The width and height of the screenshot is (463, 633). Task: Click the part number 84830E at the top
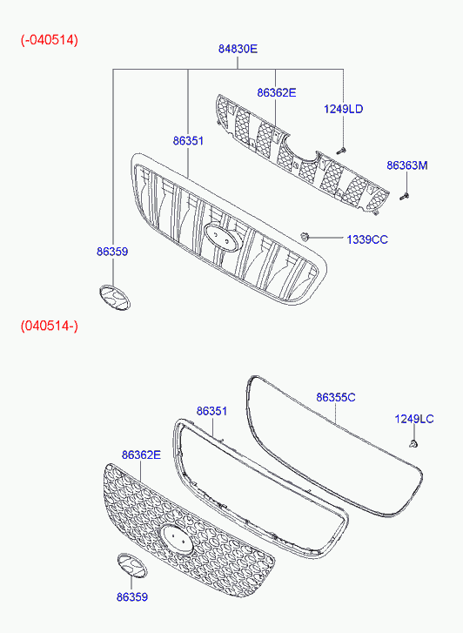tap(238, 49)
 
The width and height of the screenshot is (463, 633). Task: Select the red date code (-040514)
tap(50, 40)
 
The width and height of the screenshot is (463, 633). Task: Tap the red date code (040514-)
tap(50, 326)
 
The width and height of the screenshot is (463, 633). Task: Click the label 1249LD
tap(343, 109)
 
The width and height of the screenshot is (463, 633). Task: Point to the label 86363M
tap(407, 165)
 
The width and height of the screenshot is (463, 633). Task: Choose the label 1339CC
tap(367, 239)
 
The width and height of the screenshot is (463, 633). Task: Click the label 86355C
tap(335, 398)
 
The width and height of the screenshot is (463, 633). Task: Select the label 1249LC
tap(414, 419)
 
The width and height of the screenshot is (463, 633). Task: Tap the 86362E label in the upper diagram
tap(277, 93)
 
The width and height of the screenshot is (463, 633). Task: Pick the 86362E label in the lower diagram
tap(141, 455)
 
